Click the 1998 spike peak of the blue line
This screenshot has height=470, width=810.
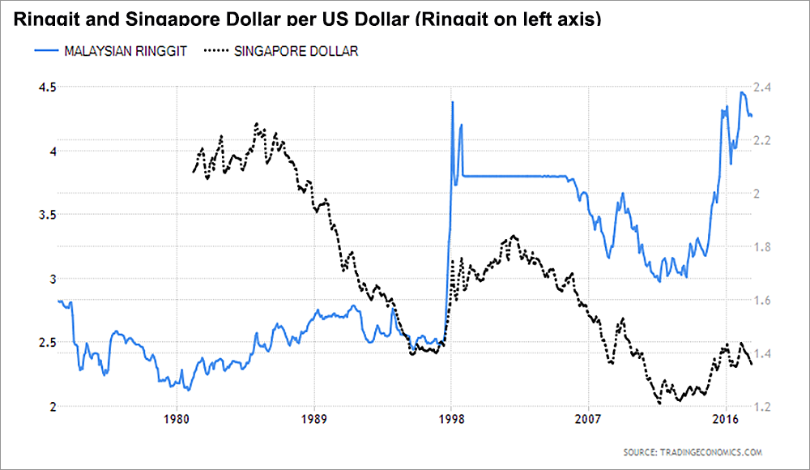(452, 102)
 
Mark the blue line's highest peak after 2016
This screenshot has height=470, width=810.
(743, 92)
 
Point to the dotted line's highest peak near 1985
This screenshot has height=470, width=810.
(256, 124)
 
